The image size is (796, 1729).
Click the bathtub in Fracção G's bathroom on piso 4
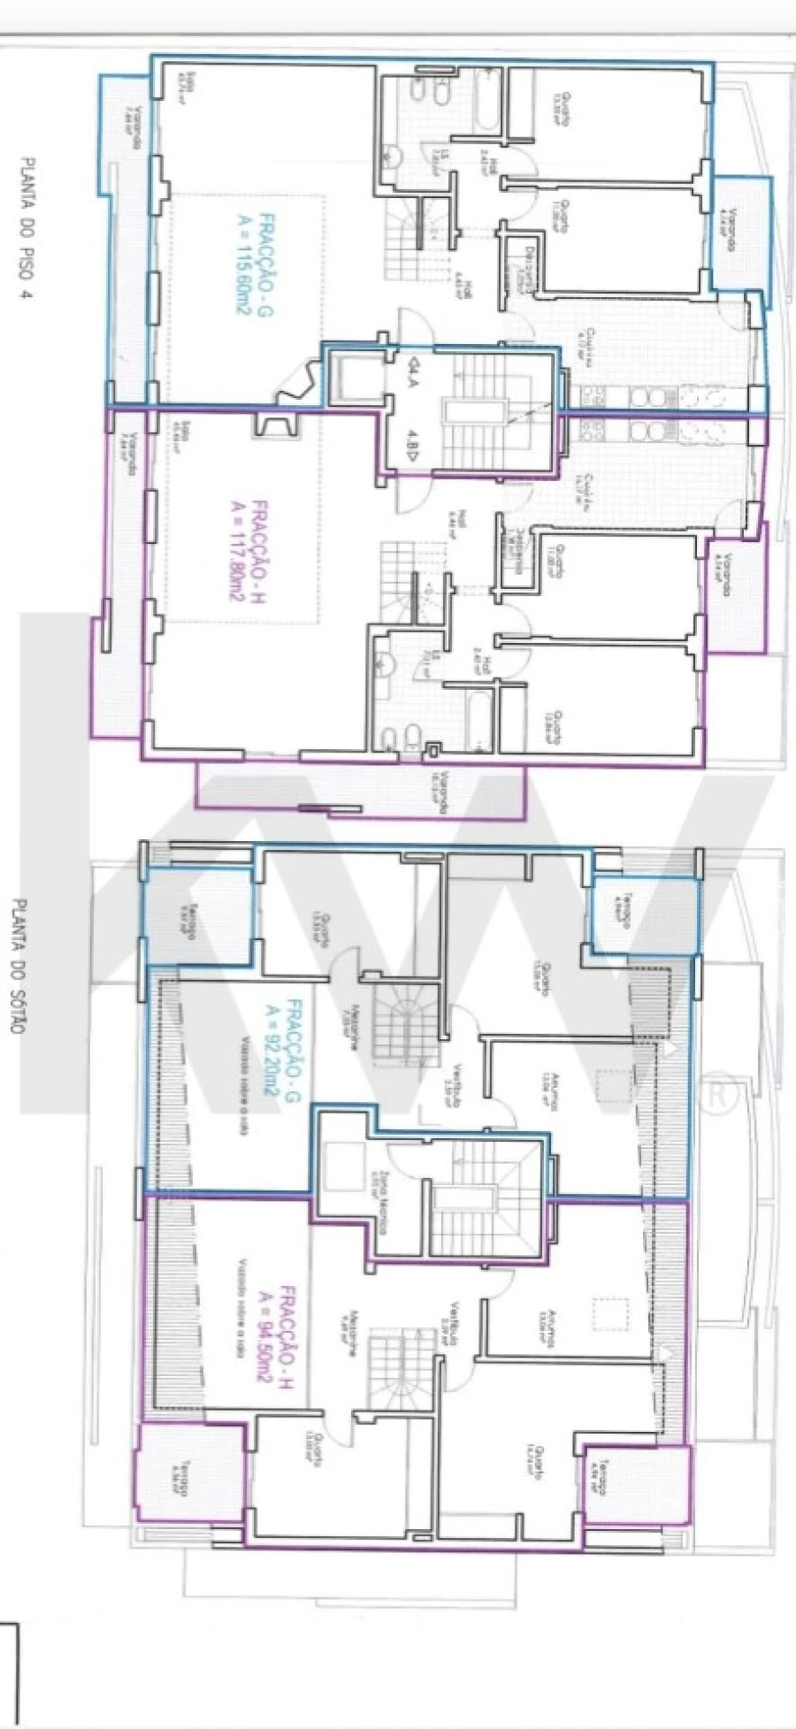click(484, 104)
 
